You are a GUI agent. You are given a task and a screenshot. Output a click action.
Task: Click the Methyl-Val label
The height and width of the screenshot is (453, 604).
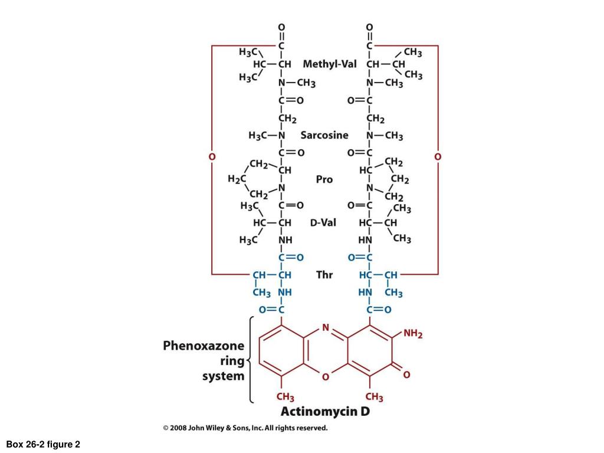click(x=330, y=64)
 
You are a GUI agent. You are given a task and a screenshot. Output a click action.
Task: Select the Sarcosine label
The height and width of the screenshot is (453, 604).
click(x=324, y=135)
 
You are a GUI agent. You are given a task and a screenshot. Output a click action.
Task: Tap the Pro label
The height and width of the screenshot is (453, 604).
click(x=324, y=179)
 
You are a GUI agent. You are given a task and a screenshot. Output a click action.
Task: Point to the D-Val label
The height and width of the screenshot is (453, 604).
click(x=323, y=222)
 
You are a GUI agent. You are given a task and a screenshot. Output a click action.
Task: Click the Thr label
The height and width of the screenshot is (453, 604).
click(x=324, y=275)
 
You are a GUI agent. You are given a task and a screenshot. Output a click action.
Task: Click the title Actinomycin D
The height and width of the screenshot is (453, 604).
click(x=325, y=411)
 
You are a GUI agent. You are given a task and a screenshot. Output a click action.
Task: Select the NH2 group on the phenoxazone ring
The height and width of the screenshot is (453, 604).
click(x=413, y=334)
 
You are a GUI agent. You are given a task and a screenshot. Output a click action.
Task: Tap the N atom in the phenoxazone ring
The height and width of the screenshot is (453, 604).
click(x=326, y=328)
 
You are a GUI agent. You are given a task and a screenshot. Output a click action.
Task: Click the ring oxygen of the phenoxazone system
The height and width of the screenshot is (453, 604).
click(x=326, y=377)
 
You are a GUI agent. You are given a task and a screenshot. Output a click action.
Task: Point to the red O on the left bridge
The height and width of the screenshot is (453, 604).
click(x=212, y=157)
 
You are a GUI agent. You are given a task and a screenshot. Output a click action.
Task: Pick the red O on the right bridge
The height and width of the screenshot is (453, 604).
click(x=438, y=157)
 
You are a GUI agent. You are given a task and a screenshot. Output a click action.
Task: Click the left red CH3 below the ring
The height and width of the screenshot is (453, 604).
click(x=285, y=397)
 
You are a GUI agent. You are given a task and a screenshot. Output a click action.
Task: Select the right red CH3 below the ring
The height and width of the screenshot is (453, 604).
click(x=375, y=397)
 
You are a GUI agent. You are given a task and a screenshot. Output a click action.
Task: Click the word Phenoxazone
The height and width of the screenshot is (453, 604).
click(x=203, y=346)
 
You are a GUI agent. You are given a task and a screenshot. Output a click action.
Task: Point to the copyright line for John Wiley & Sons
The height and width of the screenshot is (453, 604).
click(x=245, y=428)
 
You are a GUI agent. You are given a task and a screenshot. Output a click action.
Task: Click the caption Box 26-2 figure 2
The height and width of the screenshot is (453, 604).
click(x=43, y=445)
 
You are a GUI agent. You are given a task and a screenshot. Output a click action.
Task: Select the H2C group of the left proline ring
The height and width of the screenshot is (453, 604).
click(x=237, y=179)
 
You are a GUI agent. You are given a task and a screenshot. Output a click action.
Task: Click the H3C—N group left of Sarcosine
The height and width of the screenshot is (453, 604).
click(x=267, y=136)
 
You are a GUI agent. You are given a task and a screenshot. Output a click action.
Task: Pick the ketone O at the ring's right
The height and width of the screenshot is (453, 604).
click(x=406, y=375)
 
